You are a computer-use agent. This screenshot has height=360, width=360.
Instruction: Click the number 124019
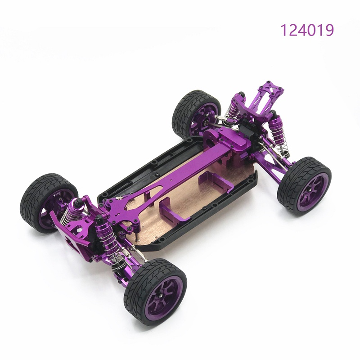(x=307, y=30)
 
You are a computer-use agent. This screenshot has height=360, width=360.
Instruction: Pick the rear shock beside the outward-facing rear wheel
(x=277, y=133)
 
